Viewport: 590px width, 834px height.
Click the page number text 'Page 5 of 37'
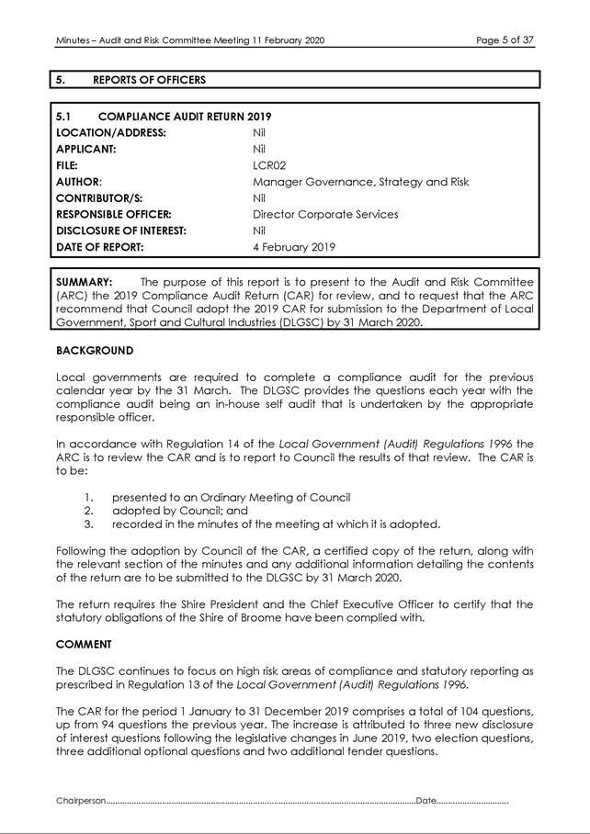505,40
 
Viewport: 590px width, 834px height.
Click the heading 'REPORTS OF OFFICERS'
149,80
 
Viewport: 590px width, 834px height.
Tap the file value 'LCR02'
267,165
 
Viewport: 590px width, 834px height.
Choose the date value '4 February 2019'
294,247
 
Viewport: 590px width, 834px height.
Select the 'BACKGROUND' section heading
95,350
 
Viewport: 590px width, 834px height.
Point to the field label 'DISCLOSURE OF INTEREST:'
121,231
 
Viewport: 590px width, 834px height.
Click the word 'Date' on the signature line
426,802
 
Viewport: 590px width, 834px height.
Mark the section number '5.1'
64,117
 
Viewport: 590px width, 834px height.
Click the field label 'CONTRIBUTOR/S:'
100,198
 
